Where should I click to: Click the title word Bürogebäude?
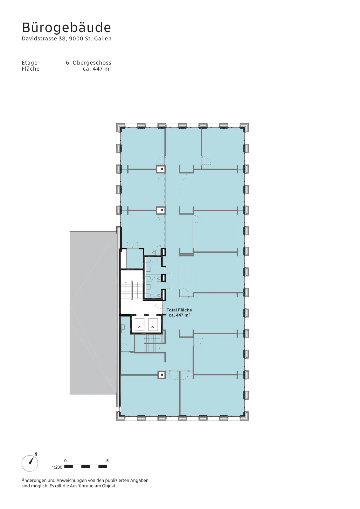pos(66,27)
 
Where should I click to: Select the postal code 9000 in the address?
pos(76,38)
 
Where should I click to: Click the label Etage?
pos(30,63)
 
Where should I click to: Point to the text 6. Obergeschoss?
pos(89,63)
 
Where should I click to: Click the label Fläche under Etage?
pos(31,69)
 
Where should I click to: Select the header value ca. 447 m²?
pos(97,69)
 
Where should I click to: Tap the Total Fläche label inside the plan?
pos(179,310)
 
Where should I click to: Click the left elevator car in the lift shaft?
pos(139,324)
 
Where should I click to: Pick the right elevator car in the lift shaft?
pos(153,324)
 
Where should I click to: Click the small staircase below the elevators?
pos(152,344)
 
